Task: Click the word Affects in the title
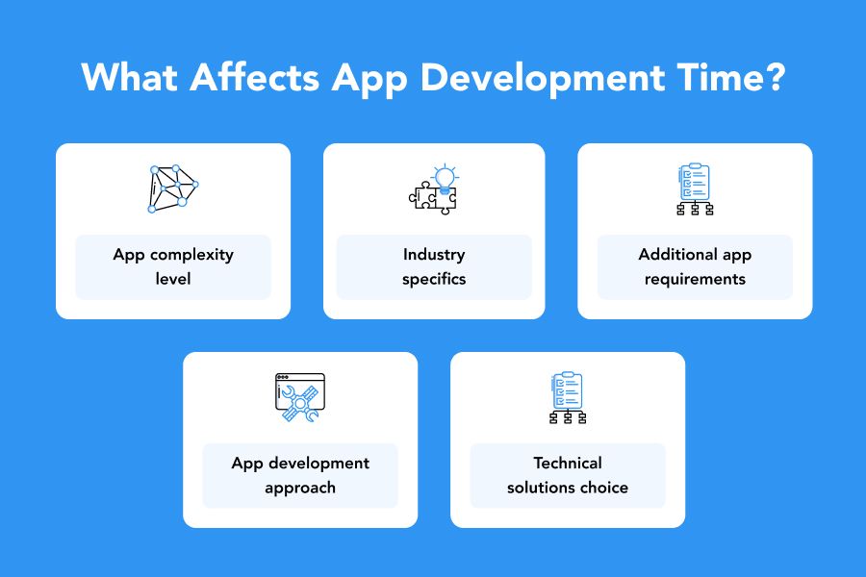(255, 77)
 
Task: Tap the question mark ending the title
(775, 77)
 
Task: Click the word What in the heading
(129, 77)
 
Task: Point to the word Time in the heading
(718, 77)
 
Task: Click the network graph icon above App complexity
(173, 188)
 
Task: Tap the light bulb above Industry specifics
(445, 178)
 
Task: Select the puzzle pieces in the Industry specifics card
(433, 198)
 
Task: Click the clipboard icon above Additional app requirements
(695, 188)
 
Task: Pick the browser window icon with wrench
(300, 397)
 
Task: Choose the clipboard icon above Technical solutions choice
(568, 397)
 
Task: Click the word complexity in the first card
(191, 255)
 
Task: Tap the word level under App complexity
(173, 279)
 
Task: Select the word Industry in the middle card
(434, 255)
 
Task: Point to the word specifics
(434, 280)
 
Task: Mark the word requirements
(695, 280)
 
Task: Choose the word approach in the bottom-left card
(300, 489)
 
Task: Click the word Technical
(568, 463)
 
